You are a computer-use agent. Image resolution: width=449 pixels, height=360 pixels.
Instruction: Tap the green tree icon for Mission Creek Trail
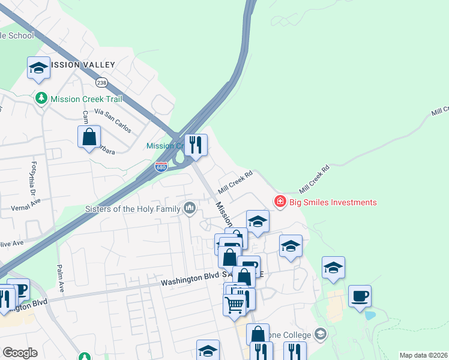[x=41, y=98]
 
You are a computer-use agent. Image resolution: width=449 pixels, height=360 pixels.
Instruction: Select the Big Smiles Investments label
[x=333, y=202]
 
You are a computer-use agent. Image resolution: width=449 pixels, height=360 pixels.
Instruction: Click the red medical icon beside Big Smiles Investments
[x=280, y=202]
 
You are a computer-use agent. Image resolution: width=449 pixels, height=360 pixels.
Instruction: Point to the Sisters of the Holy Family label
[x=133, y=209]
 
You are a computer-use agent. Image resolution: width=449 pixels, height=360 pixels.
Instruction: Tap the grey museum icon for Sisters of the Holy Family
[x=190, y=209]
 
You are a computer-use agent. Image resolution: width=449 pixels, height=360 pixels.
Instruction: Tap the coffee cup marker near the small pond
[x=360, y=296]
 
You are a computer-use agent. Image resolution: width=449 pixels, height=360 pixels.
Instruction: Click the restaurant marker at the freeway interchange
[x=196, y=145]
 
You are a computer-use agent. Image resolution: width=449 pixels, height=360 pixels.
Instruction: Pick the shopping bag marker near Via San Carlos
[x=89, y=137]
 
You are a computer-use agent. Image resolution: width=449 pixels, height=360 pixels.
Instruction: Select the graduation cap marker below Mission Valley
[x=38, y=68]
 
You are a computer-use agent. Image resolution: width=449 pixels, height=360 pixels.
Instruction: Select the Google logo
[x=20, y=353]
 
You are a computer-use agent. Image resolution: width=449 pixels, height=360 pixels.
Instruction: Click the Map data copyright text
[x=423, y=355]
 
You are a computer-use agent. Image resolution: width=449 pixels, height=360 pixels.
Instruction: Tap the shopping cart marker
[x=234, y=305]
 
